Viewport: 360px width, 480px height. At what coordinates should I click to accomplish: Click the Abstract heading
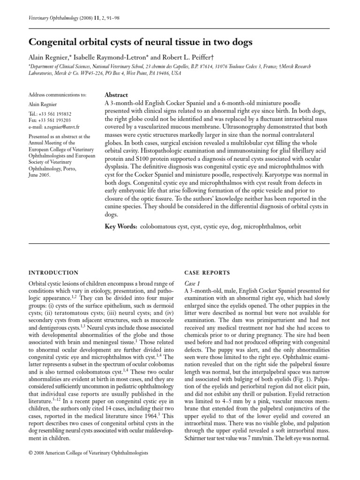(x=116, y=94)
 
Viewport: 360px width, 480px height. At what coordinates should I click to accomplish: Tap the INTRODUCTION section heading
(x=53, y=272)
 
